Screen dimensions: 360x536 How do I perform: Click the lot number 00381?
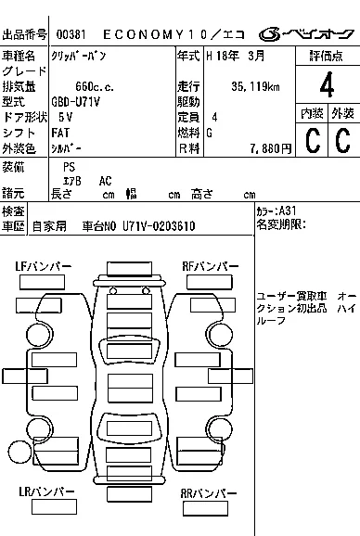pos(71,34)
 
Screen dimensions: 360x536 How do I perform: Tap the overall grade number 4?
pos(327,84)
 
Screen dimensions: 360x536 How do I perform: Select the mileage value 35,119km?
pos(255,86)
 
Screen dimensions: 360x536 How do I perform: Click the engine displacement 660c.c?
pos(95,86)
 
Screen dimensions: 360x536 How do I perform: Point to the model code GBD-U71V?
pos(75,102)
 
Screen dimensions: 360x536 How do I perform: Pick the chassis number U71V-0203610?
pos(159,226)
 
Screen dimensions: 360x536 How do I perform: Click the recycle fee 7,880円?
pos(270,148)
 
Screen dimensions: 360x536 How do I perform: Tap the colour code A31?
pos(288,211)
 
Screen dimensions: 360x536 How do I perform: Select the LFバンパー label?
pos(43,266)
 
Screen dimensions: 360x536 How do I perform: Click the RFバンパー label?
pos(211,266)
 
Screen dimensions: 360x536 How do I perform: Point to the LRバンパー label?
pos(46,491)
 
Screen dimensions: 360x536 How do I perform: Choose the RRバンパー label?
pos(209,493)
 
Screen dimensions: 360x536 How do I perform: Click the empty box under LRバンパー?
pos(54,506)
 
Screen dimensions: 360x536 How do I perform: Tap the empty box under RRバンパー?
pos(205,508)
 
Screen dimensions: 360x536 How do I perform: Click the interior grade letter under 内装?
pos(313,140)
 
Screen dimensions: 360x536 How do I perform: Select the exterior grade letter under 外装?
pos(343,140)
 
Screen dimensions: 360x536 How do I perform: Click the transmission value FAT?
pos(60,133)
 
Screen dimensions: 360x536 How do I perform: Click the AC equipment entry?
pos(105,181)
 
